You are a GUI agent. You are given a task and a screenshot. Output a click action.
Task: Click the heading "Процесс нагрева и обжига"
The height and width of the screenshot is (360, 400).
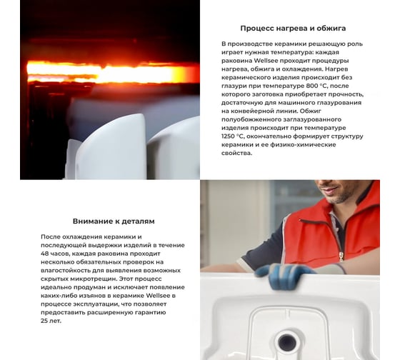click(293, 29)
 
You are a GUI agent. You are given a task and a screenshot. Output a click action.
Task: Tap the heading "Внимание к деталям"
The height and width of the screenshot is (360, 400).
click(114, 221)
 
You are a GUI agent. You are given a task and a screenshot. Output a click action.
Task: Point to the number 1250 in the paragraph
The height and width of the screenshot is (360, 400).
click(228, 136)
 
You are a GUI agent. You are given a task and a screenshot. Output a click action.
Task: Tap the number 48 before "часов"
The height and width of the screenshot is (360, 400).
click(44, 254)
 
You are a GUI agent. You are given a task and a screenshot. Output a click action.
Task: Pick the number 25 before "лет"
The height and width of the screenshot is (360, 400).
click(44, 321)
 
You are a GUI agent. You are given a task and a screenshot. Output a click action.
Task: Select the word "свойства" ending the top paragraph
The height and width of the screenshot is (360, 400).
click(236, 153)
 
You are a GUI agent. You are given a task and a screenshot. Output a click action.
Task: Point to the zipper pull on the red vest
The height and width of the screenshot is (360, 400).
click(341, 256)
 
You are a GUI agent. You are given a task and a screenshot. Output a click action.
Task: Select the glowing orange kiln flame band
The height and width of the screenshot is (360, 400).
click(113, 71)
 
